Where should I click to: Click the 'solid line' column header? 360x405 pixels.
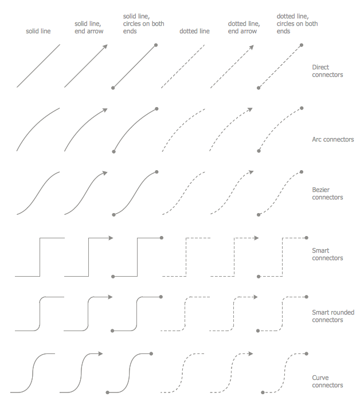click(38, 32)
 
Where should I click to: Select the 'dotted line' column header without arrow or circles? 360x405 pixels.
click(194, 32)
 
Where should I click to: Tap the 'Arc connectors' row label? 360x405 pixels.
click(333, 139)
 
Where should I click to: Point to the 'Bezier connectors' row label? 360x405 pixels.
click(327, 194)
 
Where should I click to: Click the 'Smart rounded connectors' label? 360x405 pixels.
click(333, 316)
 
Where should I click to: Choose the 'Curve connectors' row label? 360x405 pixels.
click(327, 382)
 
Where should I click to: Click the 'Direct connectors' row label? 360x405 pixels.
click(327, 71)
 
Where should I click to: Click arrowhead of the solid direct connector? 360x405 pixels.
click(105, 47)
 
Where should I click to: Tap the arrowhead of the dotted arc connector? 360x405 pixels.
click(250, 110)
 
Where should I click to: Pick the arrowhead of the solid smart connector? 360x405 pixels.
click(111, 238)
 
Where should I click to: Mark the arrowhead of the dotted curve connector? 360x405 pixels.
click(250, 353)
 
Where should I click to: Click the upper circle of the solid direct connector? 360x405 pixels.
click(156, 45)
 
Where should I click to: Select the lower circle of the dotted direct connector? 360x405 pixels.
click(259, 88)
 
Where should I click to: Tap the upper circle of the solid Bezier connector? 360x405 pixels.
click(156, 172)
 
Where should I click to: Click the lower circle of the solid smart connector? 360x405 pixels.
click(113, 277)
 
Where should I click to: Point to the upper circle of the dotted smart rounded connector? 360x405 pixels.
click(307, 297)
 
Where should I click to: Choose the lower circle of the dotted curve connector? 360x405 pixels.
click(263, 392)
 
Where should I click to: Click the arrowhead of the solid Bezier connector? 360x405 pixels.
click(105, 173)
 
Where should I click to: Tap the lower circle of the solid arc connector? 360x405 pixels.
click(114, 152)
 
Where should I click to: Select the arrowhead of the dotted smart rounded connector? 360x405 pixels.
click(255, 297)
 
